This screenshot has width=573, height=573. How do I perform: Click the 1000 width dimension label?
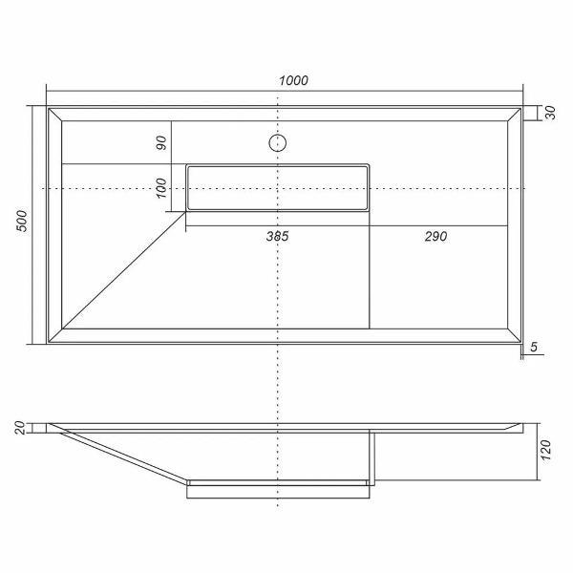coord(293,80)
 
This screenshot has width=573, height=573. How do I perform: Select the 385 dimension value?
coord(276,236)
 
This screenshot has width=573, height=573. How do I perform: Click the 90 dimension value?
coord(160,143)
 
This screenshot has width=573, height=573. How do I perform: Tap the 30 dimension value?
coord(551,113)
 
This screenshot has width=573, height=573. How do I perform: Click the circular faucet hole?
coord(277,144)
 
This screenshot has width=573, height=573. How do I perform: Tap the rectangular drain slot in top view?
coord(276,187)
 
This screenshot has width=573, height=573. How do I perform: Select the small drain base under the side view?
coord(277,490)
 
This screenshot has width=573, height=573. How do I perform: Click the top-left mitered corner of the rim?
coord(55,114)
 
